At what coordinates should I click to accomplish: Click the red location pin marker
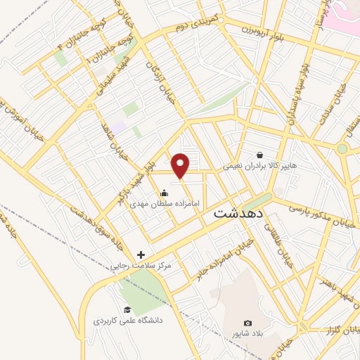181,165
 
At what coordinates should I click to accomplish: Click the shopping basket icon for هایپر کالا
260,155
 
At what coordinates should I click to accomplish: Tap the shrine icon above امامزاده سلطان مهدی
164,193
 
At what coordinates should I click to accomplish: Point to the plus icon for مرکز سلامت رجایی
141,255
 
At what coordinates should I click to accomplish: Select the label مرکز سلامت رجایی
141,266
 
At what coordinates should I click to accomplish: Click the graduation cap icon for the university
127,309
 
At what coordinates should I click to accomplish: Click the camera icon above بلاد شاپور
247,322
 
